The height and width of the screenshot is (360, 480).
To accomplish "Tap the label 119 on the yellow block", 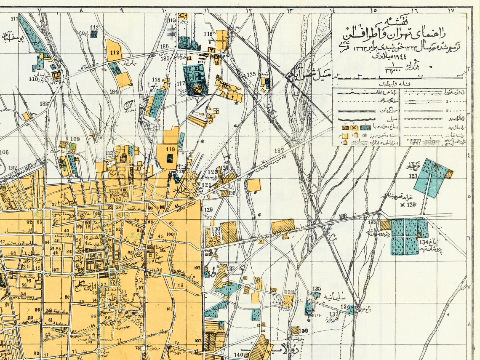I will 170,149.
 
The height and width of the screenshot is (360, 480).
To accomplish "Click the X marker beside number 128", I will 402,205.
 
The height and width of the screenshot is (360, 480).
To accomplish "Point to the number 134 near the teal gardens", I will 423,243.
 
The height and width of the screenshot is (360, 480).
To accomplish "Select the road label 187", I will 279,151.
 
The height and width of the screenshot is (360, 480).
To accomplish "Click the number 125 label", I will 251,75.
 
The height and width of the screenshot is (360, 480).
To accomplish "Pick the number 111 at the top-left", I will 15,18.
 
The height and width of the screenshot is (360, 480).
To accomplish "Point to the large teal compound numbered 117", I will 195,79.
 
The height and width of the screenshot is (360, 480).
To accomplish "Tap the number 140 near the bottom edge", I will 238,355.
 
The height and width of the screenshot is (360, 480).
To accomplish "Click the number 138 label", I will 289,292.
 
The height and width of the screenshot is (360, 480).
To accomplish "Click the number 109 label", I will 75,139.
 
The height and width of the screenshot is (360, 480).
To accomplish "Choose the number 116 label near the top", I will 208,34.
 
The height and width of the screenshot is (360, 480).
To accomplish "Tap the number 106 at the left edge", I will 4,152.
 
